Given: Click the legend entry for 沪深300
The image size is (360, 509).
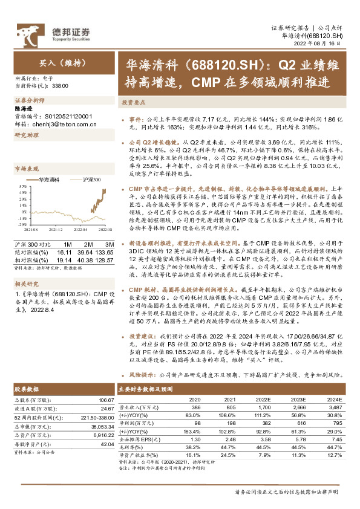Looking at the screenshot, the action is pyautogui.click(x=91, y=180).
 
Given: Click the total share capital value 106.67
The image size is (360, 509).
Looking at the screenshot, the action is pyautogui.click(x=106, y=400).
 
